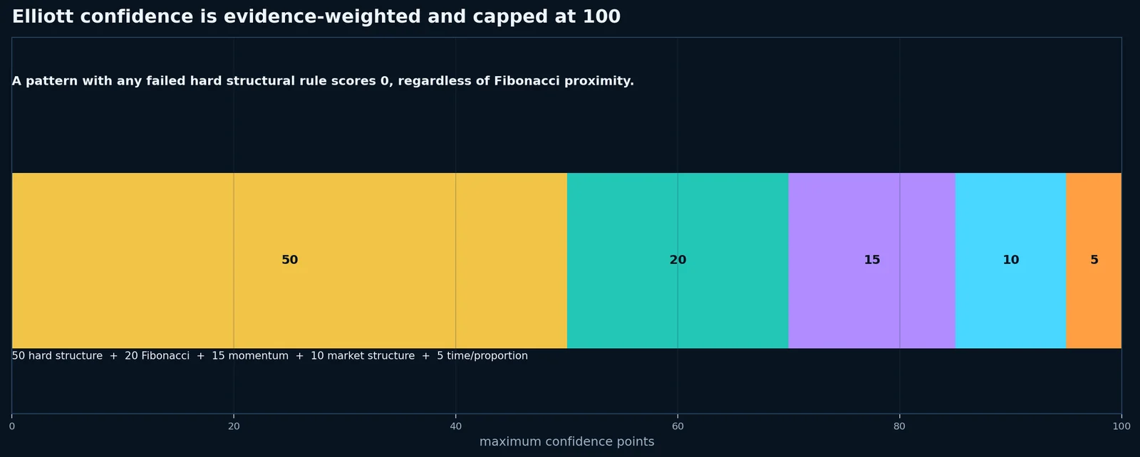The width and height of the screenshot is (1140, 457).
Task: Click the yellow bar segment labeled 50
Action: click(289, 261)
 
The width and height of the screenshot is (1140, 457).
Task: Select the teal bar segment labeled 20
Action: click(678, 261)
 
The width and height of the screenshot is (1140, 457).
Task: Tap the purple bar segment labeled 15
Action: click(872, 261)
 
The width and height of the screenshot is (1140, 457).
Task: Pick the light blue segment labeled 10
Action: click(1011, 261)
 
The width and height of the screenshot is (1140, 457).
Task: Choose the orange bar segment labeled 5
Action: click(1094, 261)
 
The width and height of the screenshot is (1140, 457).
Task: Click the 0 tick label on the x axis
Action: click(12, 426)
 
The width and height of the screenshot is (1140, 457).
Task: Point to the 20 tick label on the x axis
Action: click(234, 426)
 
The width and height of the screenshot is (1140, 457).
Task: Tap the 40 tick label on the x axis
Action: click(455, 426)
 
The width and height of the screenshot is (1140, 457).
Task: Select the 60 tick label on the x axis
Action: click(678, 426)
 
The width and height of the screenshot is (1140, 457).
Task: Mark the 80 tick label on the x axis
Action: click(899, 426)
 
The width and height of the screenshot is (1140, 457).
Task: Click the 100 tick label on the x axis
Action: click(1121, 426)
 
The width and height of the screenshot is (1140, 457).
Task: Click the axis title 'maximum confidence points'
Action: click(566, 442)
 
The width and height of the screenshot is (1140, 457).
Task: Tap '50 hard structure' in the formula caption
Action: click(57, 356)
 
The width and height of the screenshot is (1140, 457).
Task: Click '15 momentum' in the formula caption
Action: click(250, 356)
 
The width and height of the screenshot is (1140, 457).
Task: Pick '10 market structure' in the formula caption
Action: click(363, 356)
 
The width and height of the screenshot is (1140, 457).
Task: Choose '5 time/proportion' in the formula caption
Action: click(482, 356)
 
